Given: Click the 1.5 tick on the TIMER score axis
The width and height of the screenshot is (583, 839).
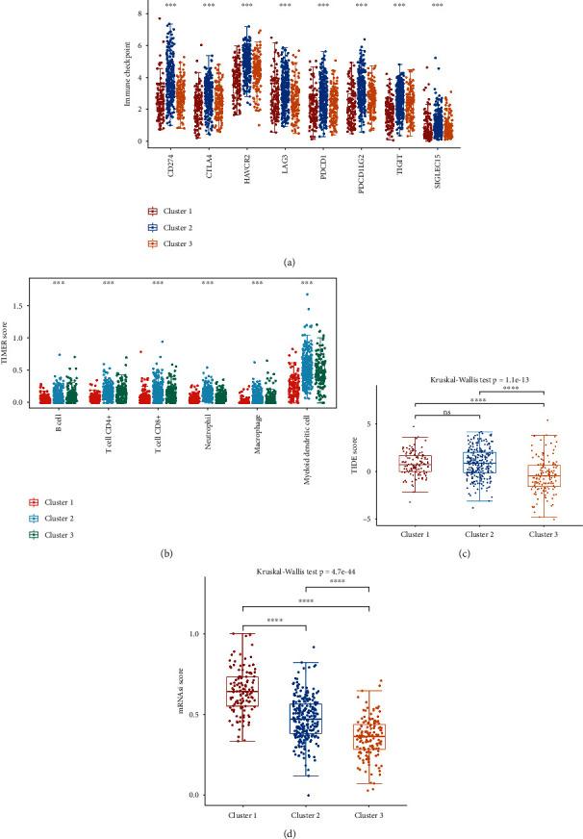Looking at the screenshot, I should pyautogui.click(x=18, y=303).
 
